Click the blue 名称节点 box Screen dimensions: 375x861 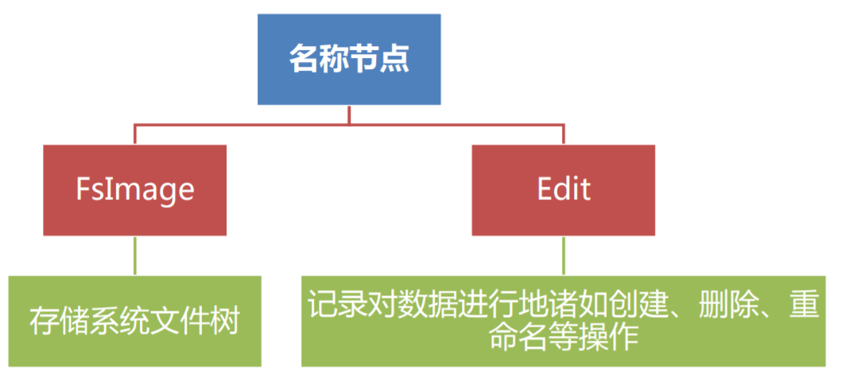click(349, 60)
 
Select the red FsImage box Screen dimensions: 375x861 click(135, 189)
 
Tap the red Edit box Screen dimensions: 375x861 click(563, 189)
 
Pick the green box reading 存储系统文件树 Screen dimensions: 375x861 click(135, 321)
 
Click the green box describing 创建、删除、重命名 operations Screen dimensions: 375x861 click(563, 321)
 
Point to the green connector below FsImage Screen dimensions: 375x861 click(135, 255)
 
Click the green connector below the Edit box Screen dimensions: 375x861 click(564, 255)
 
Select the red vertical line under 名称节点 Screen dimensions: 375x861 click(349, 114)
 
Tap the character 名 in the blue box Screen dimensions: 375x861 click(303, 60)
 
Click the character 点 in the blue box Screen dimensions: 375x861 click(395, 60)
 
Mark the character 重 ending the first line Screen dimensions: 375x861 click(801, 305)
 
